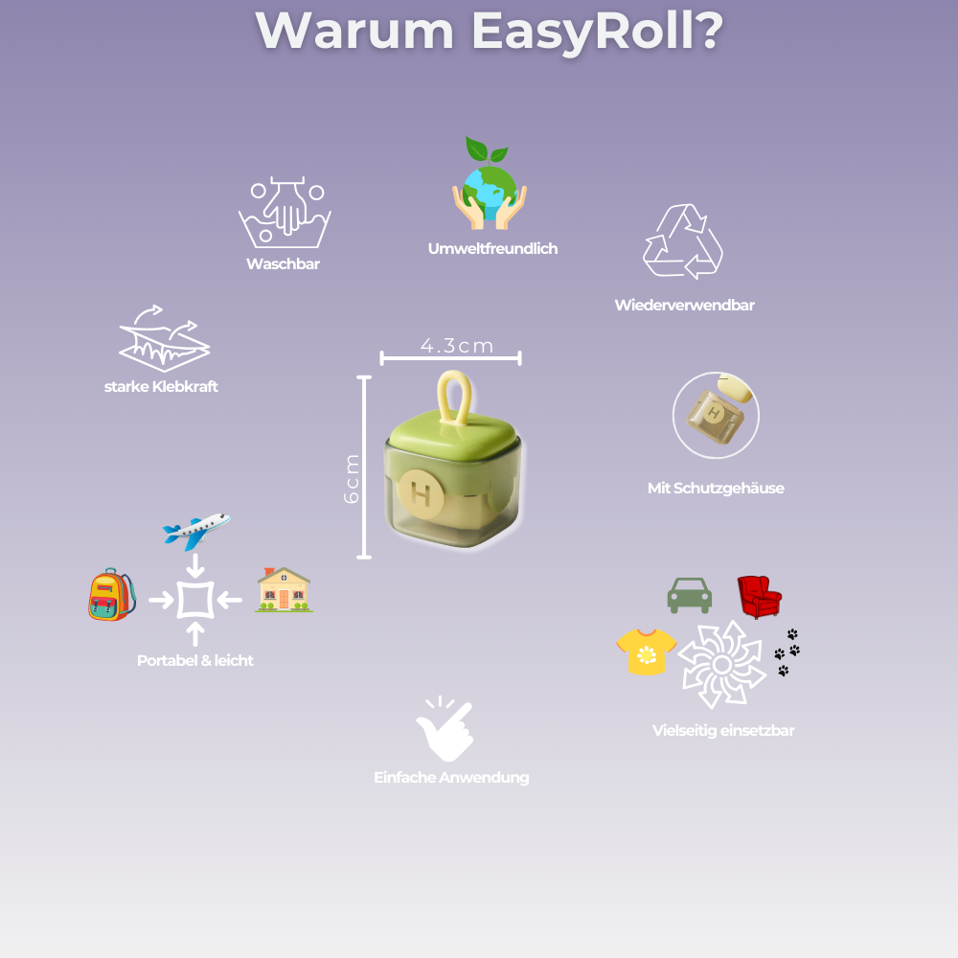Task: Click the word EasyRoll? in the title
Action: (596, 33)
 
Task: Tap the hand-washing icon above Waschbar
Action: (284, 213)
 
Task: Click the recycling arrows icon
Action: (682, 240)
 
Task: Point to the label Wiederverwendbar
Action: (684, 306)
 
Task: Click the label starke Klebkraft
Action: (161, 387)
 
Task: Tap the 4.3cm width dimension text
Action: (457, 346)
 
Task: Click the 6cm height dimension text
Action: (352, 478)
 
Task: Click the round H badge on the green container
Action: (420, 493)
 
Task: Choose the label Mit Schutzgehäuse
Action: (716, 489)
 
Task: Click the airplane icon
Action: (196, 529)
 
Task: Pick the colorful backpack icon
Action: (111, 595)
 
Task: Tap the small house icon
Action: (284, 590)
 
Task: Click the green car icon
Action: (689, 595)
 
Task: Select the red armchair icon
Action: (759, 596)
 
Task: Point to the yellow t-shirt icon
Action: (646, 652)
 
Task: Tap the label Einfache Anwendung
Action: (451, 778)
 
